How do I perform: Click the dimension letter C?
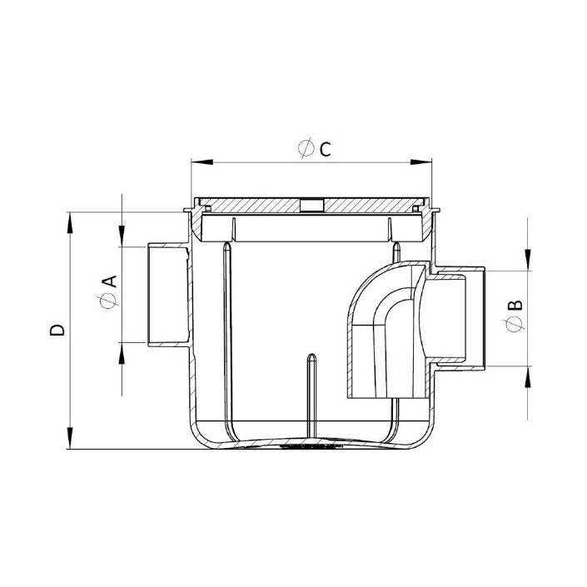[x=325, y=149]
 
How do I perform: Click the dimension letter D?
[x=57, y=331]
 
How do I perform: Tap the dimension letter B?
[x=515, y=306]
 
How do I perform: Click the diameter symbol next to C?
[x=306, y=148]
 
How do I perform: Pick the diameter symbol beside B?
[x=514, y=324]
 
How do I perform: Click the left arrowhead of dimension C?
[x=202, y=162]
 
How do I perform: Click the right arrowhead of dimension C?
[x=420, y=162]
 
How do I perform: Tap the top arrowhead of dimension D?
[x=70, y=223]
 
